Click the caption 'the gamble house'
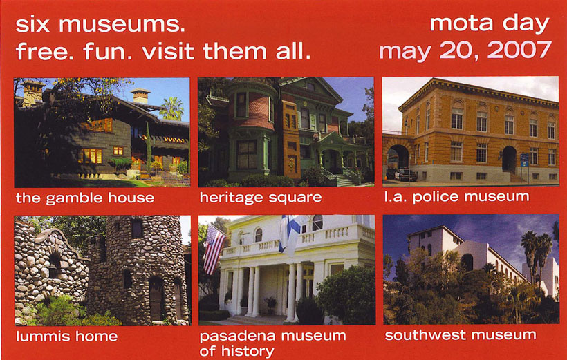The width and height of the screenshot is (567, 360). [85, 198]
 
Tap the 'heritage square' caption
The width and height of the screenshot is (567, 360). [261, 198]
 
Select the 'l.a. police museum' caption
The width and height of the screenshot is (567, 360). [456, 197]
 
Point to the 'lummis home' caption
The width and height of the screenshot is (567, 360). [67, 336]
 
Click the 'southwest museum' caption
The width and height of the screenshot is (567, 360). [461, 335]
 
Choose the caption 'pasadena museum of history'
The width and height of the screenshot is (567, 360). [272, 343]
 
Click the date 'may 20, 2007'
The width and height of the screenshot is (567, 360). [465, 50]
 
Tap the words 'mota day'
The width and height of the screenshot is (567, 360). [490, 24]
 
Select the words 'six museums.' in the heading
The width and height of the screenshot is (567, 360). [100, 25]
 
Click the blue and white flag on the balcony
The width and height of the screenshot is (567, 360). [290, 236]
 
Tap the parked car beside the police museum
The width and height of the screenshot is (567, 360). [406, 175]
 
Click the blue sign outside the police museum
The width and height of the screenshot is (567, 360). [524, 160]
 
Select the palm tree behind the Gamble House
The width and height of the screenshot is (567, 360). [171, 108]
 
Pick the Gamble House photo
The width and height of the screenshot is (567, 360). [102, 132]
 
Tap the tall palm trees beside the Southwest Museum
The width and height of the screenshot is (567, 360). [537, 256]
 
